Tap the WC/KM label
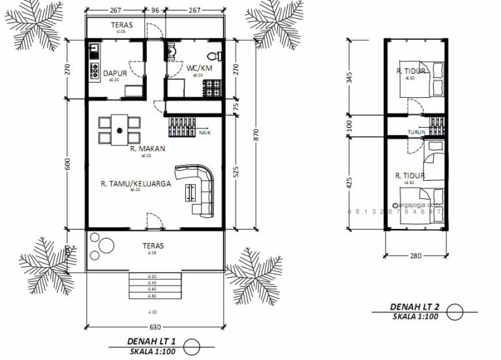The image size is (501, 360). tap(199, 67)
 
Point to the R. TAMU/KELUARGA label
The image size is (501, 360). tap(136, 184)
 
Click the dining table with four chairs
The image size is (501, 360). tap(120, 129)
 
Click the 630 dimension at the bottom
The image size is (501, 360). tap(155, 327)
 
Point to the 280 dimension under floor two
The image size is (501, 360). tap(416, 257)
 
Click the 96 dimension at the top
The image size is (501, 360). tap(155, 10)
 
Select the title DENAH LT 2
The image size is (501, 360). tap(413, 306)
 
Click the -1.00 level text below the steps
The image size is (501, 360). tap(154, 312)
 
